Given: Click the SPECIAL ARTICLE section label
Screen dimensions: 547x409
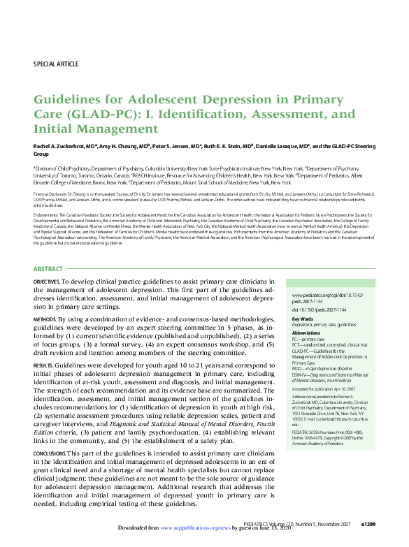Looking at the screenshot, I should click(x=56, y=64).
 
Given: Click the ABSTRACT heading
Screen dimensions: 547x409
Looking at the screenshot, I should click(x=49, y=269).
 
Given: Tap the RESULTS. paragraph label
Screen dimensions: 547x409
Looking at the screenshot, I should click(x=43, y=365).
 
